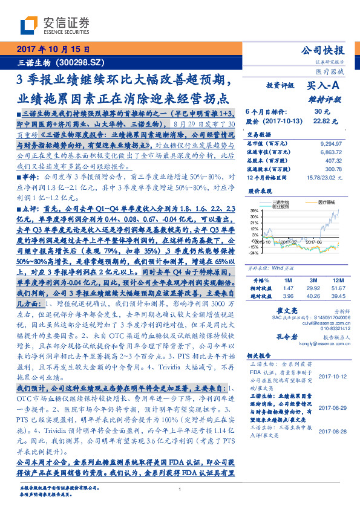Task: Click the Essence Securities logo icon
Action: click(31, 26)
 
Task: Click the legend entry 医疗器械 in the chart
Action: click(329, 203)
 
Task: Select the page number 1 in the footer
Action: click(180, 490)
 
